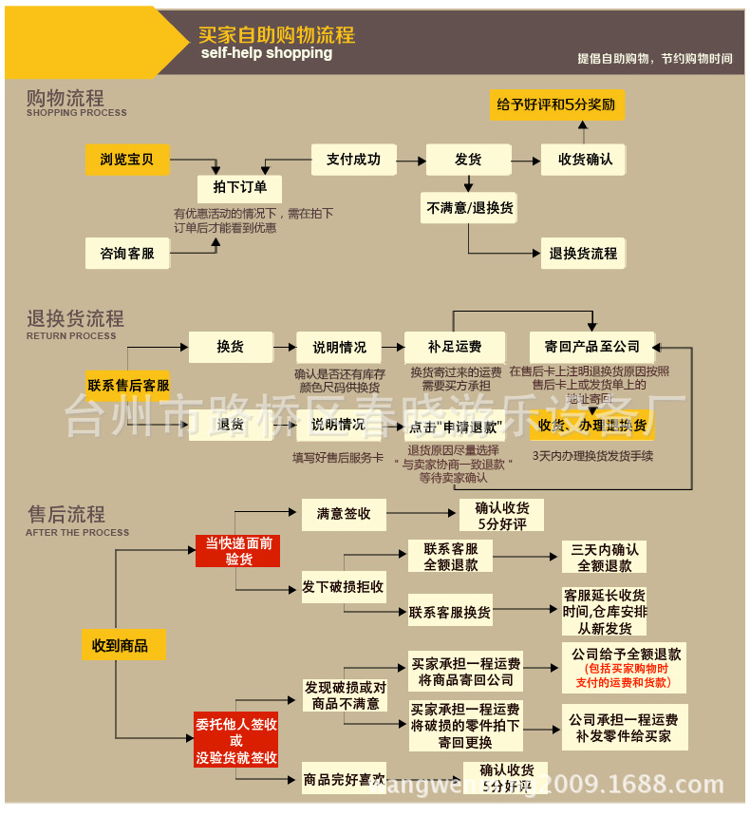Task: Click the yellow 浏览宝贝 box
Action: tap(126, 160)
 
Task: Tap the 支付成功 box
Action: tap(353, 160)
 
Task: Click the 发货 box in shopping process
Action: tap(468, 160)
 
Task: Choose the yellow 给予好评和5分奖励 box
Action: tap(556, 104)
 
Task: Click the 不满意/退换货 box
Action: tap(469, 207)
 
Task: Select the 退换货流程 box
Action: tap(583, 254)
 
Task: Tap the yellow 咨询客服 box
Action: tap(126, 254)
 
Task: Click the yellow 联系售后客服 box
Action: tap(128, 386)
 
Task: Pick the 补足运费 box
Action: tap(454, 347)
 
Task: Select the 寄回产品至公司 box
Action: tap(591, 347)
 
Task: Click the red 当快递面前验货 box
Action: tap(238, 551)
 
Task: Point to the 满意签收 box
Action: tap(344, 514)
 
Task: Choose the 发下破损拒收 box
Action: tap(344, 587)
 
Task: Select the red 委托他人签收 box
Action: tap(236, 740)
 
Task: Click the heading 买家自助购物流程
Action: tap(276, 35)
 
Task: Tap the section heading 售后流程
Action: tap(66, 514)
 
